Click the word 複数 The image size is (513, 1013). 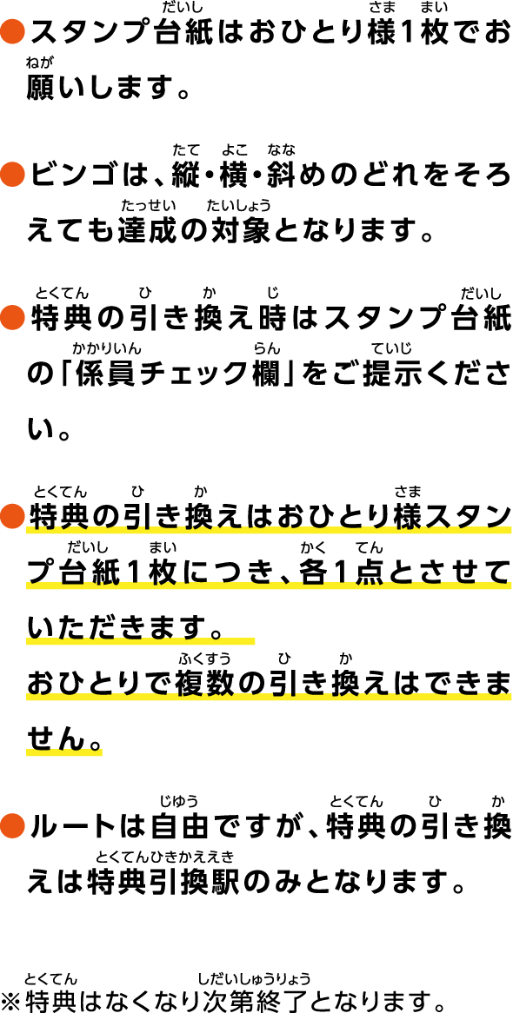click(207, 682)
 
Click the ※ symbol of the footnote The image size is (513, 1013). click(12, 997)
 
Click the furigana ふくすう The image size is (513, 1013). click(207, 659)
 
